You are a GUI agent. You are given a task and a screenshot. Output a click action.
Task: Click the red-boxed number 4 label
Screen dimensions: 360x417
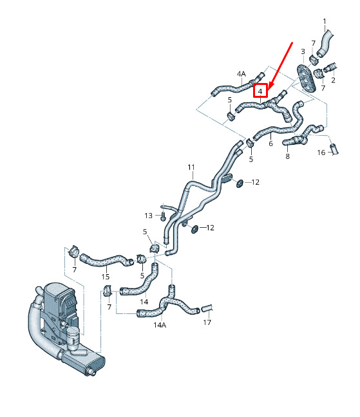point(260,91)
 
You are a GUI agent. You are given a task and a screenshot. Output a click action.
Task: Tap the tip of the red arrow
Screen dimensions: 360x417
point(268,89)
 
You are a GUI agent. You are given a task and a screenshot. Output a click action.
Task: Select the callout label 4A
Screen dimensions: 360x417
point(242,73)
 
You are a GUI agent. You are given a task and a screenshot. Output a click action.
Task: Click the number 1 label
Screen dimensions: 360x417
point(325,21)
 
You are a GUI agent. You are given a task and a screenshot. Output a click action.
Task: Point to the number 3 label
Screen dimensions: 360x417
point(303,51)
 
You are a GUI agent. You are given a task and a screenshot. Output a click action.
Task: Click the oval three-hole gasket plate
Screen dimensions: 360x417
point(306,77)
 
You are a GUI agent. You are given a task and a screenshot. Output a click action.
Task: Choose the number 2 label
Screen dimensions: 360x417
point(334,80)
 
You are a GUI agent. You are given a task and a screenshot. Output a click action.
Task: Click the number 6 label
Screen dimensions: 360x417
point(271,144)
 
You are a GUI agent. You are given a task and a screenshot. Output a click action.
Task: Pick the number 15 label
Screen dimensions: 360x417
point(106,277)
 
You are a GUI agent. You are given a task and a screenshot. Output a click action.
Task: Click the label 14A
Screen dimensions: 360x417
point(160,325)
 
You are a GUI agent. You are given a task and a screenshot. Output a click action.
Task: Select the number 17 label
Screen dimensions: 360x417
point(207,322)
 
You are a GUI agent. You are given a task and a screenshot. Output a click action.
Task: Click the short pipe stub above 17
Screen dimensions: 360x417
point(207,308)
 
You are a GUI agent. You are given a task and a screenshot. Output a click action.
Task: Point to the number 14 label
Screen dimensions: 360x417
point(144,302)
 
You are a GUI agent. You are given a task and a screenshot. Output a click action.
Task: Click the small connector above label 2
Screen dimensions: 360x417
point(330,68)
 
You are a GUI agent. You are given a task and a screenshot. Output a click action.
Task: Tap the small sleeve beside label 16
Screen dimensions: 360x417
point(334,149)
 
